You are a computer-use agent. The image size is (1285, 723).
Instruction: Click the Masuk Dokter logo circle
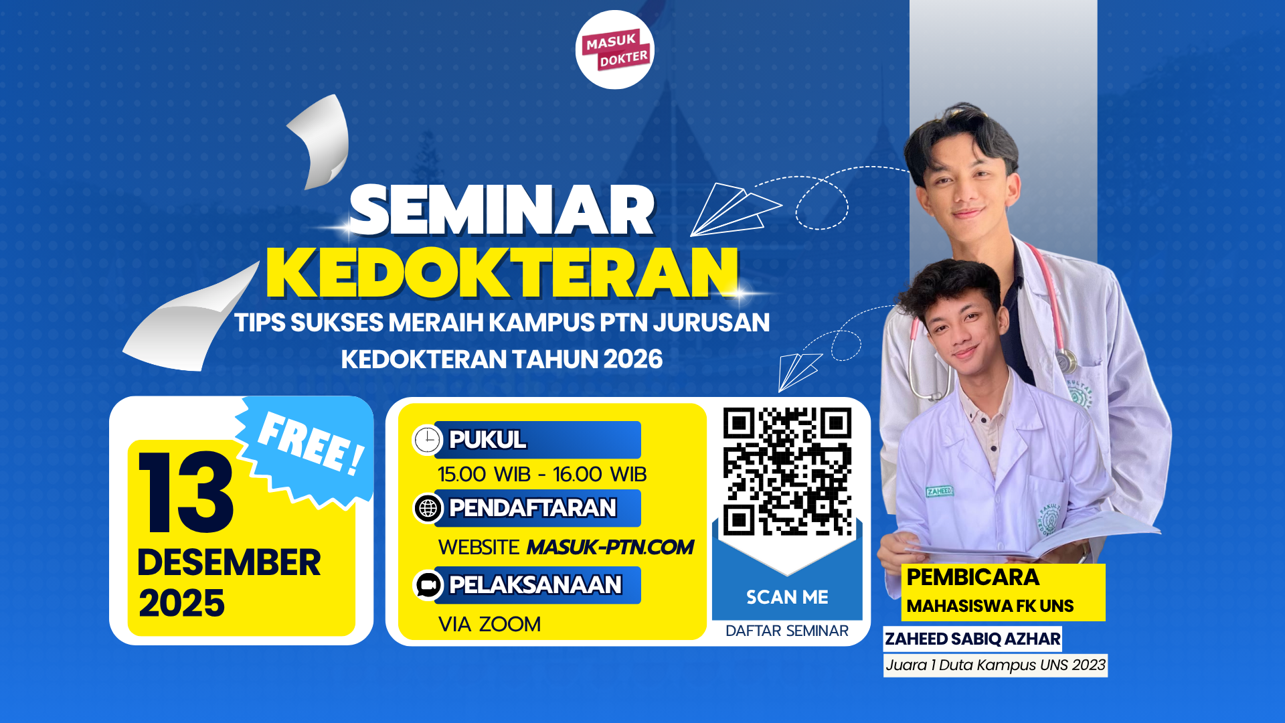click(614, 50)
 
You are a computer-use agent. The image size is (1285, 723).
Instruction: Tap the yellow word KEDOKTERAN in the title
click(502, 272)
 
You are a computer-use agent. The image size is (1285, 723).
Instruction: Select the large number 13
click(186, 492)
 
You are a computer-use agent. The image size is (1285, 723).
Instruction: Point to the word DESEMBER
click(229, 562)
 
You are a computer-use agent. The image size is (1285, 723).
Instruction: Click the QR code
click(787, 471)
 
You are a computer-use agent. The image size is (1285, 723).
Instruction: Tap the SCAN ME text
click(787, 597)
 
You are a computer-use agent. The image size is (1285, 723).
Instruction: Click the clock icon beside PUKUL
click(427, 440)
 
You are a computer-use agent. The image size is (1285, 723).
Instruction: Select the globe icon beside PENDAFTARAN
click(428, 509)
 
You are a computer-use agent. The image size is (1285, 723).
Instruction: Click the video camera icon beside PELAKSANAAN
click(428, 585)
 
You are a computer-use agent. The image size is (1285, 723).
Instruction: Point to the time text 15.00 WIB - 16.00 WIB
click(542, 475)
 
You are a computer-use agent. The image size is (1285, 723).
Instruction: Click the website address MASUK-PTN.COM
click(610, 547)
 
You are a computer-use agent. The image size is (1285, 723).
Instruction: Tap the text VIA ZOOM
click(489, 624)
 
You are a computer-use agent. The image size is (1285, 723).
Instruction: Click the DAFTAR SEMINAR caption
click(787, 631)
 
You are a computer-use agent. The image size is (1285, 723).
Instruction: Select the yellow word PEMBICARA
click(973, 577)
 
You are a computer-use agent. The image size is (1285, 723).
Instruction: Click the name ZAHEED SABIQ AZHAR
click(972, 639)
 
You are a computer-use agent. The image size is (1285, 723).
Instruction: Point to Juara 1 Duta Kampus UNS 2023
click(995, 665)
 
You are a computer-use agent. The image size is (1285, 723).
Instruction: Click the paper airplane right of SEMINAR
click(736, 210)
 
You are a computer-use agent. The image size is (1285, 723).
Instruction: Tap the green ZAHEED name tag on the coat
click(940, 491)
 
